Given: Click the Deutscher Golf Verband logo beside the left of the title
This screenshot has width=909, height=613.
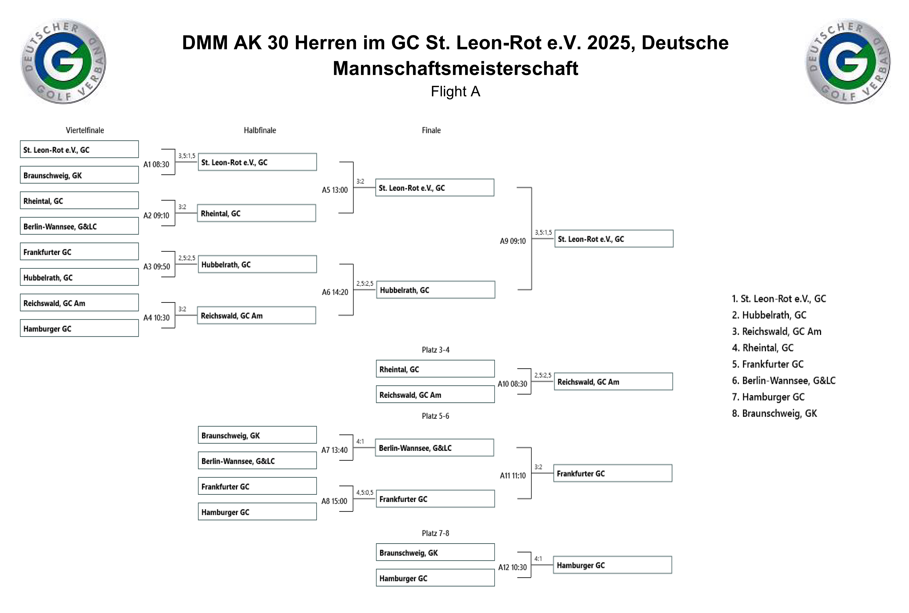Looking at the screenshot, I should pyautogui.click(x=63, y=61).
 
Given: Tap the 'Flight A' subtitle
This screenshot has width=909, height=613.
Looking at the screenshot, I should pyautogui.click(x=455, y=91).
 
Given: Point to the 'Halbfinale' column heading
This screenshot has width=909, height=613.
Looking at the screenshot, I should pyautogui.click(x=260, y=130).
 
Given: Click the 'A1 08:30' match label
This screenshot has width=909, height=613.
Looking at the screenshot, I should pyautogui.click(x=156, y=164).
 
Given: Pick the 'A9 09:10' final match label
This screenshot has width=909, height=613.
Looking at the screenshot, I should pyautogui.click(x=513, y=241).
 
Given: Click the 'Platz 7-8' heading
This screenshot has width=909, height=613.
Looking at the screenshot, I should pyautogui.click(x=435, y=533).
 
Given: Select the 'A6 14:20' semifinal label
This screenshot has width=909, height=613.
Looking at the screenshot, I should pyautogui.click(x=335, y=292).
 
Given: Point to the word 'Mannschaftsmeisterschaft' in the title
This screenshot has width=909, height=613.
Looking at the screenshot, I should pyautogui.click(x=455, y=68).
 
